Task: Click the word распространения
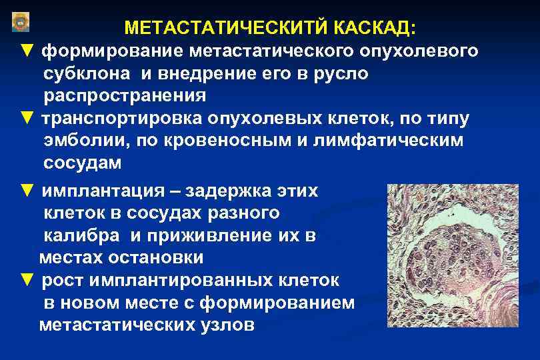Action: (125, 95)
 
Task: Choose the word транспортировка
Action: (131, 118)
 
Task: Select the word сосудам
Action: (83, 163)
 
